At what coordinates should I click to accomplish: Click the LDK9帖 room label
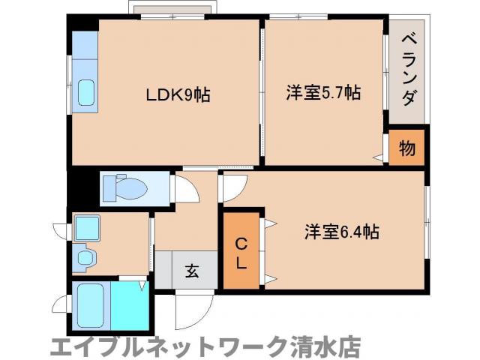coord(177,95)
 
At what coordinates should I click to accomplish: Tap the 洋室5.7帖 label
coord(323,94)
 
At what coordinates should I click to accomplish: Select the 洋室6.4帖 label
coord(341,232)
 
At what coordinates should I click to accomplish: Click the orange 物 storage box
coord(406,148)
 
